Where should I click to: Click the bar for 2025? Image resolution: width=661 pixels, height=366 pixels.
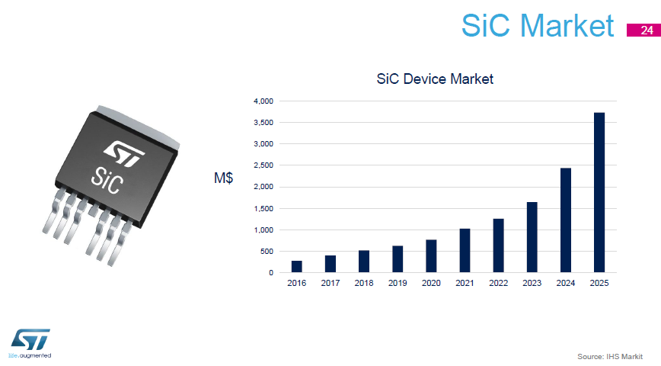tap(599, 193)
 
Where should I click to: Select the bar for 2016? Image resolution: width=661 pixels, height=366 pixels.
tap(297, 267)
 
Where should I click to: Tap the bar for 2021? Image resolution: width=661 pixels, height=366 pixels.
tap(465, 251)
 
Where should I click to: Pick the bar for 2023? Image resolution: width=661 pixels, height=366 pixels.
tap(532, 237)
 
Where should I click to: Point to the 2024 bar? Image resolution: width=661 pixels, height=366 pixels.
tap(566, 220)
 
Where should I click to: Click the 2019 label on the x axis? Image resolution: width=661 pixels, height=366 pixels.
tap(398, 283)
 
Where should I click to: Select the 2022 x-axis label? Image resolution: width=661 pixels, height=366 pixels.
tap(498, 283)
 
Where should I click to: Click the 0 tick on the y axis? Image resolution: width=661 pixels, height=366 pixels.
tap(271, 273)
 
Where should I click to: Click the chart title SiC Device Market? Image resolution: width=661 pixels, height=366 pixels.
tap(435, 79)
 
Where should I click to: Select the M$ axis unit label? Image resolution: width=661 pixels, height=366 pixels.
tap(223, 178)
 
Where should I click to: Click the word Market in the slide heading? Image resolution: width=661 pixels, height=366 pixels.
tap(567, 25)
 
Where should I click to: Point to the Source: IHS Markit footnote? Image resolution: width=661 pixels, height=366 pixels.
tap(610, 356)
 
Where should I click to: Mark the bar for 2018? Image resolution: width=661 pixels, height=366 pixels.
tap(364, 262)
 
